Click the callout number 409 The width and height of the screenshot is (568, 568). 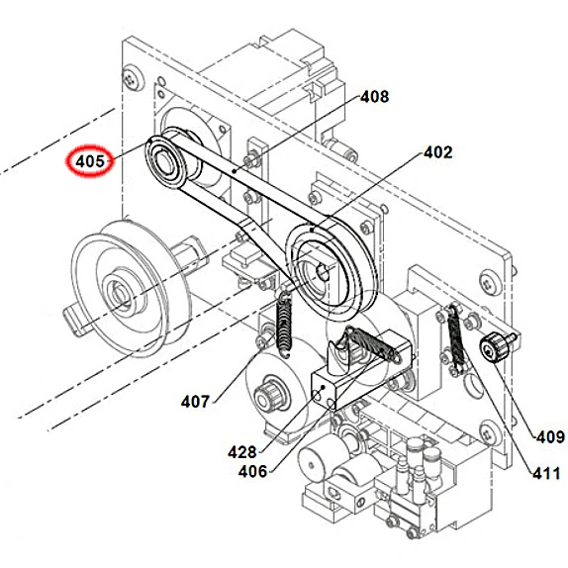549,435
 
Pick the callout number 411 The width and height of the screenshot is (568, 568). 545,474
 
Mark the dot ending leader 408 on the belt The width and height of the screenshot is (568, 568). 234,171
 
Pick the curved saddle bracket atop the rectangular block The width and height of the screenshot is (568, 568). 349,350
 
